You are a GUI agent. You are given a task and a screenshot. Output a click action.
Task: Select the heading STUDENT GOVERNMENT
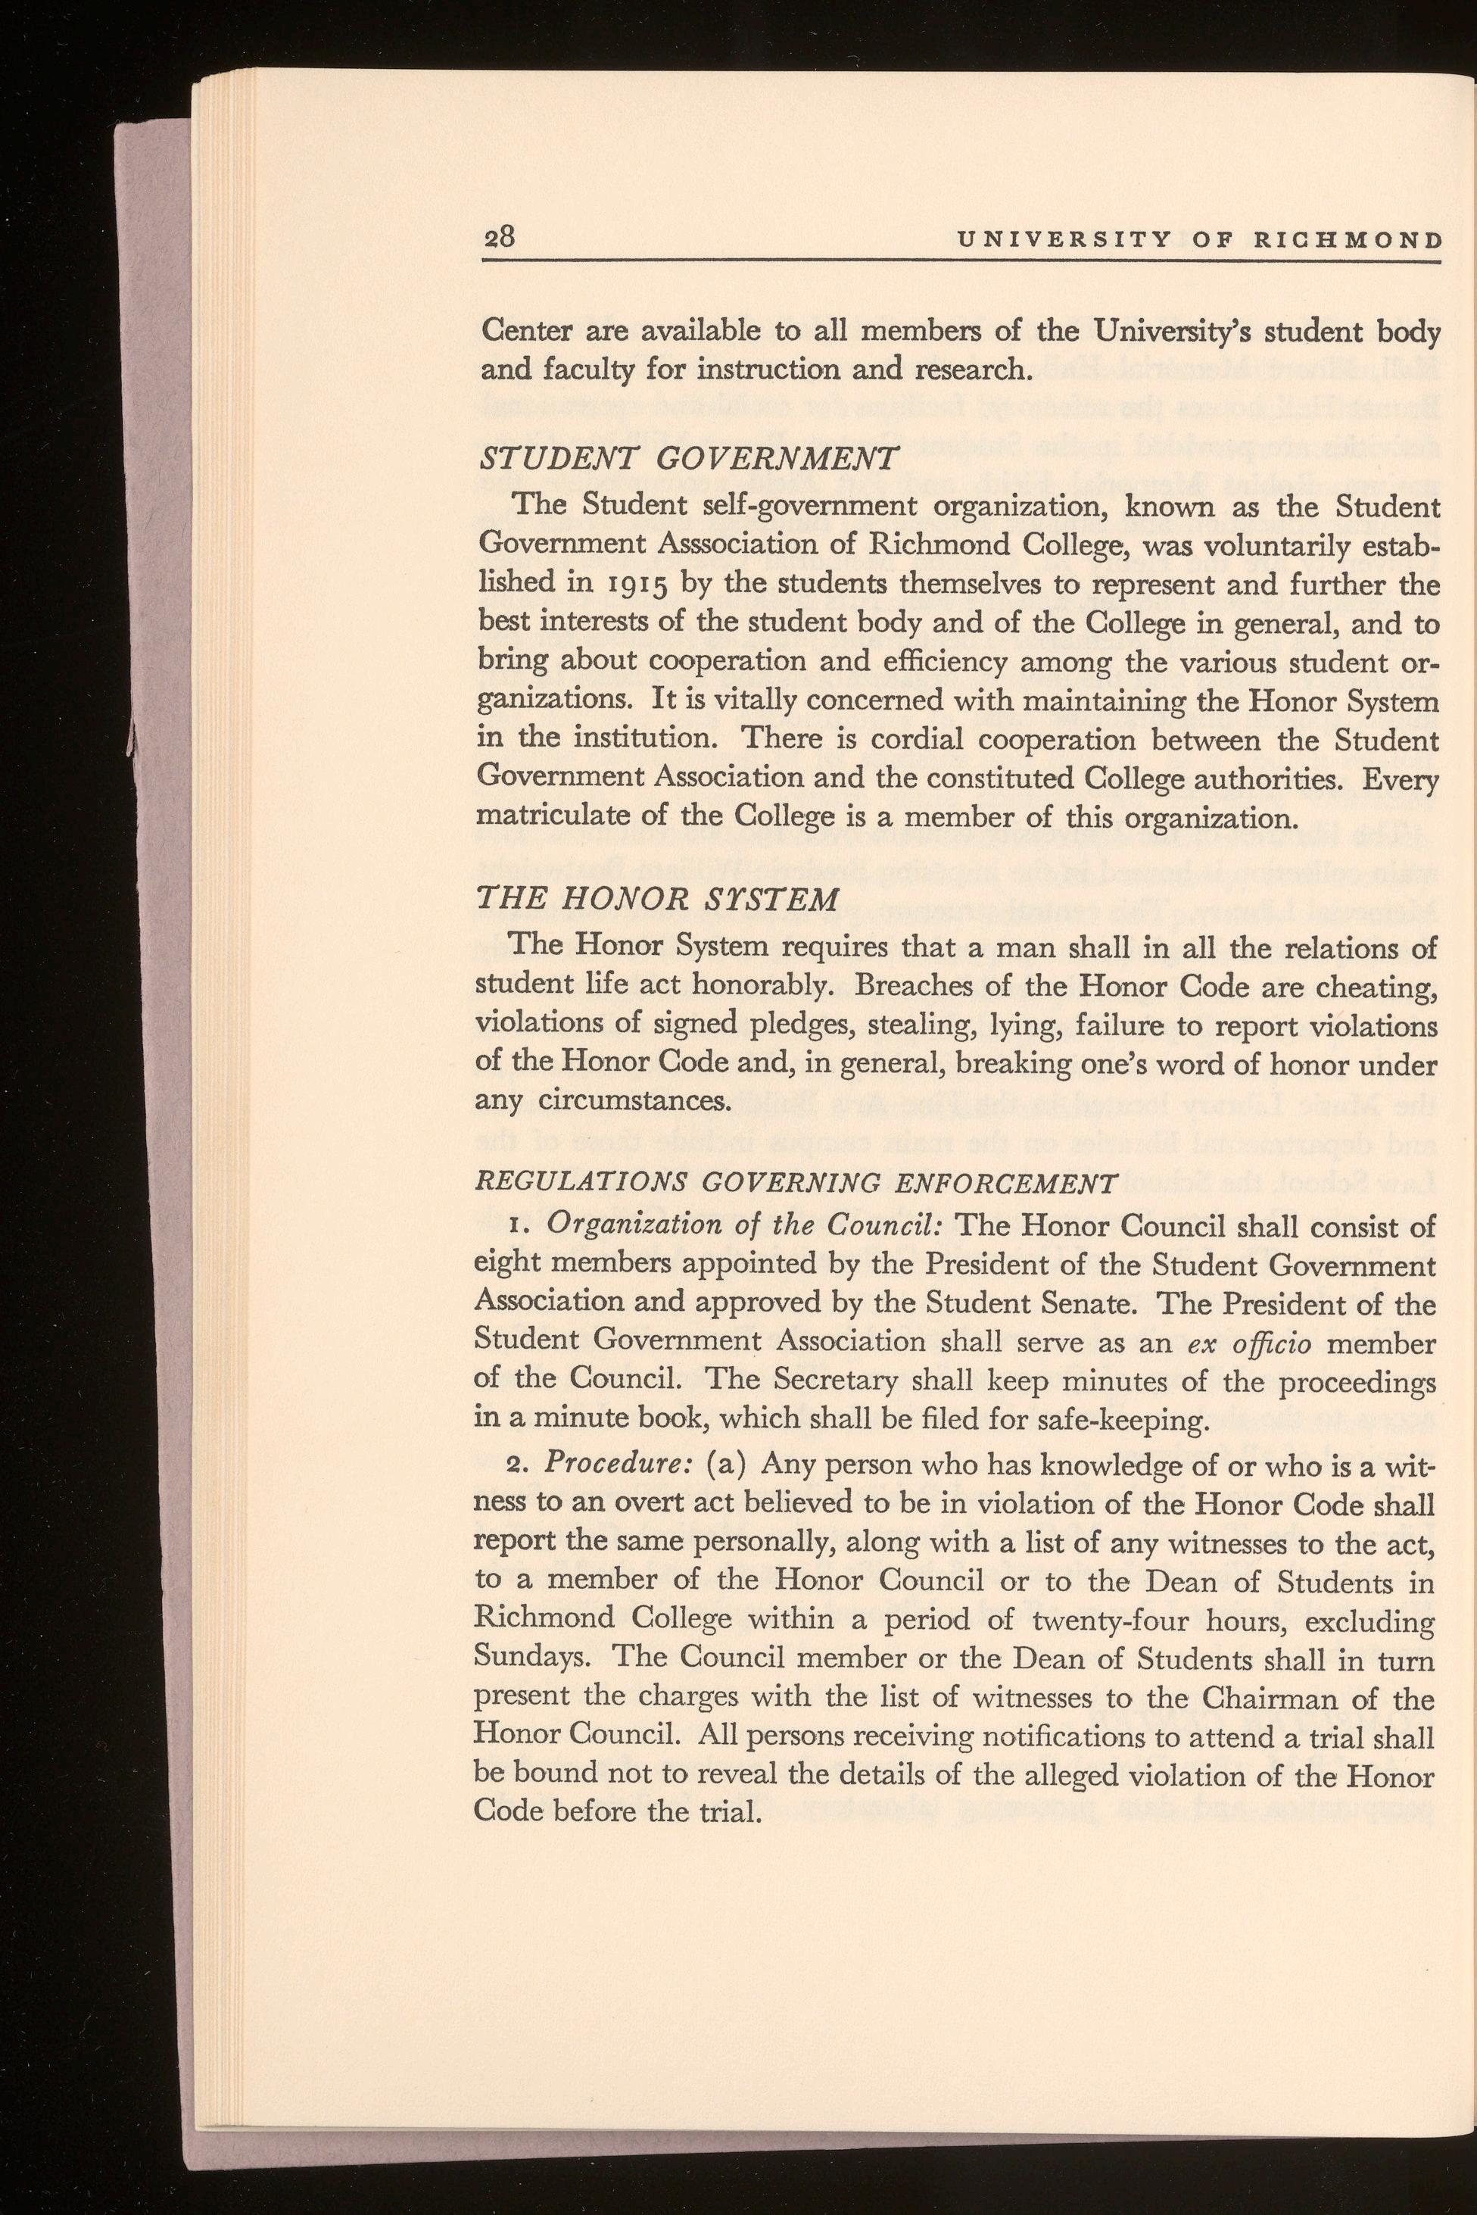pos(687,460)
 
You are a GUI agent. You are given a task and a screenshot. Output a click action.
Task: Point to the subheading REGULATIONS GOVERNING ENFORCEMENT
pos(798,1182)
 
